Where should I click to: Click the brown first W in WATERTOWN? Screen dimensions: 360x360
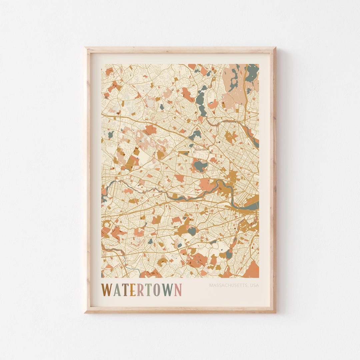click(107, 290)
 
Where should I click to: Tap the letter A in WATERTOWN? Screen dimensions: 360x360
click(117, 290)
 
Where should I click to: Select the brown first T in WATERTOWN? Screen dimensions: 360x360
click(125, 290)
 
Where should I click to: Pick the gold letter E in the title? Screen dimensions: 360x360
click(132, 290)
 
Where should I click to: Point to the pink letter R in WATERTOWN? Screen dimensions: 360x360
click(140, 290)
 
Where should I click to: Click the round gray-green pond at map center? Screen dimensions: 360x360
click(200, 165)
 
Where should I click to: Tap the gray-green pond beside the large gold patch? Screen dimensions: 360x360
click(192, 230)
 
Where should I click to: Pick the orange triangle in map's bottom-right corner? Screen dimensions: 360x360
click(252, 271)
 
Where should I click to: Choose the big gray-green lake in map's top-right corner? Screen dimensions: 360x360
click(252, 73)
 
